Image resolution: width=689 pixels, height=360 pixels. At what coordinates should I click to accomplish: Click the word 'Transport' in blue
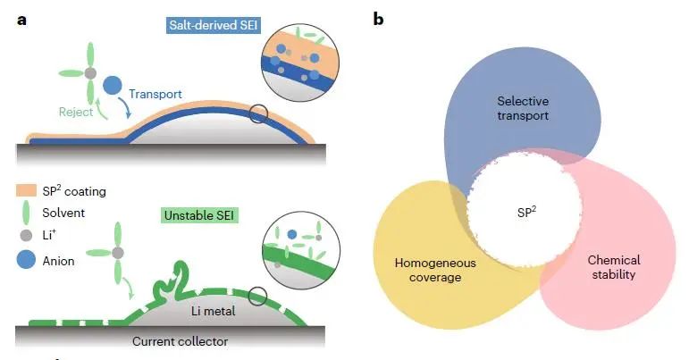[x=155, y=93]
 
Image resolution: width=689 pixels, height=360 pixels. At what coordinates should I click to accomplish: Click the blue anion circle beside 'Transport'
[x=113, y=87]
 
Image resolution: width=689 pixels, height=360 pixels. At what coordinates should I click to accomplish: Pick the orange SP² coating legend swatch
[x=26, y=191]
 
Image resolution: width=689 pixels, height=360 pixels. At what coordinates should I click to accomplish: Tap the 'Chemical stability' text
[x=614, y=267]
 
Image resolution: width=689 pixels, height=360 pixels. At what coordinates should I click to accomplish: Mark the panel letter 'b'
[x=380, y=19]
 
